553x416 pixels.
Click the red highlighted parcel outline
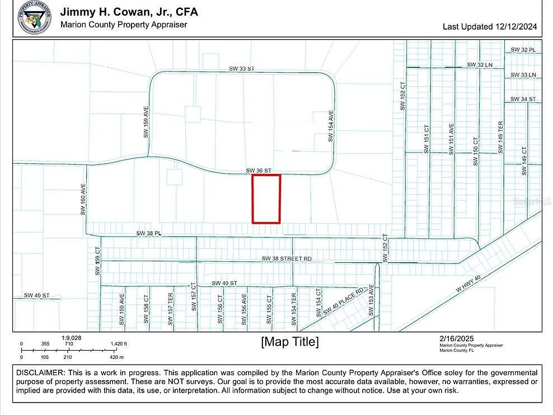click(266, 198)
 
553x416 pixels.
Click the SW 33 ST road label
click(241, 69)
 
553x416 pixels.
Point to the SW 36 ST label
click(259, 170)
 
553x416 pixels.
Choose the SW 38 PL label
click(149, 233)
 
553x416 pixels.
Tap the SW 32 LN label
click(480, 65)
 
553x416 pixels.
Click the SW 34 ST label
click(523, 99)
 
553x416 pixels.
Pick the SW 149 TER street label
click(501, 137)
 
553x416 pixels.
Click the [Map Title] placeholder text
click(290, 342)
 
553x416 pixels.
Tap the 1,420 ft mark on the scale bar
click(118, 344)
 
